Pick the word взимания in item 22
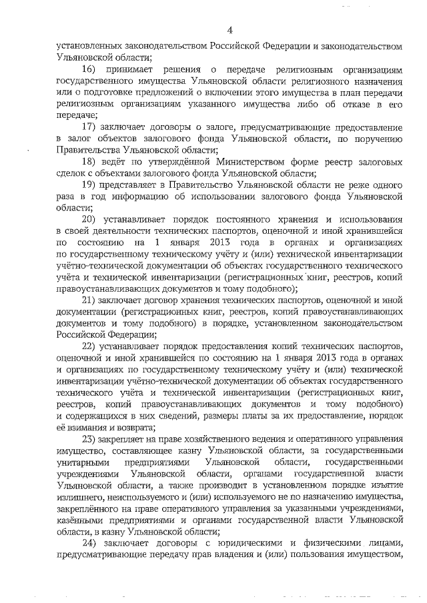coord(92,427)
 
